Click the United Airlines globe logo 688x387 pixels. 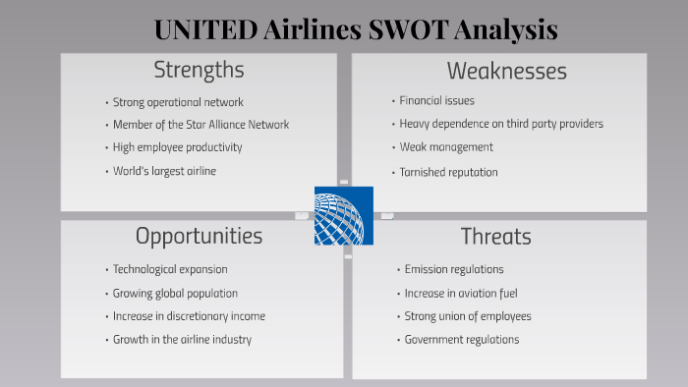click(x=344, y=215)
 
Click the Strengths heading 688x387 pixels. click(x=199, y=71)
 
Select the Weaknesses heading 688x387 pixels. click(x=506, y=71)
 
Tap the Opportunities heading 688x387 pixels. click(x=199, y=236)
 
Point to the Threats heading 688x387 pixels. click(x=495, y=237)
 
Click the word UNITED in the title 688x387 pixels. click(x=205, y=29)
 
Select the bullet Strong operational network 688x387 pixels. click(x=178, y=102)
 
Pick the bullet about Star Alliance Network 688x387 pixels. click(x=201, y=125)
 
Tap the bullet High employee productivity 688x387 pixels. click(x=177, y=147)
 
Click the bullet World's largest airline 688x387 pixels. click(x=164, y=171)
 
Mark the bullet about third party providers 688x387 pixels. click(x=501, y=124)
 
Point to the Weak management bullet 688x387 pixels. click(x=446, y=147)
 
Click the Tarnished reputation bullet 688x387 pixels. click(x=448, y=172)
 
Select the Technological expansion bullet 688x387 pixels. click(x=170, y=269)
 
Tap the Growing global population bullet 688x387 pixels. click(x=175, y=293)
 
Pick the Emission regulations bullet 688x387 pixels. click(x=454, y=269)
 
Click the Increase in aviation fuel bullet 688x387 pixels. click(x=461, y=293)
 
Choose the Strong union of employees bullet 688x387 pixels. click(x=468, y=316)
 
